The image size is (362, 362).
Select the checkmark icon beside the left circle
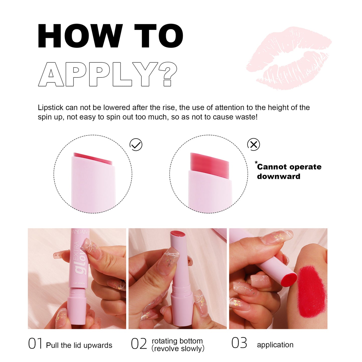point(136,145)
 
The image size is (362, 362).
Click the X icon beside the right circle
point(254,144)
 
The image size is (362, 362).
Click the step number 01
point(35,343)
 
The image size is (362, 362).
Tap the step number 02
point(139,344)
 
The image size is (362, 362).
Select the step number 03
point(239,343)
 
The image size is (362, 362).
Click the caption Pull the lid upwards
point(79,345)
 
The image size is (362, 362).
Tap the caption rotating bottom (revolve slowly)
point(178,345)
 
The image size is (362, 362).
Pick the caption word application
point(275,345)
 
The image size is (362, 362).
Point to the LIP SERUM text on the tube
point(79,283)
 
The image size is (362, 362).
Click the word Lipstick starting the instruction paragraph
point(50,107)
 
